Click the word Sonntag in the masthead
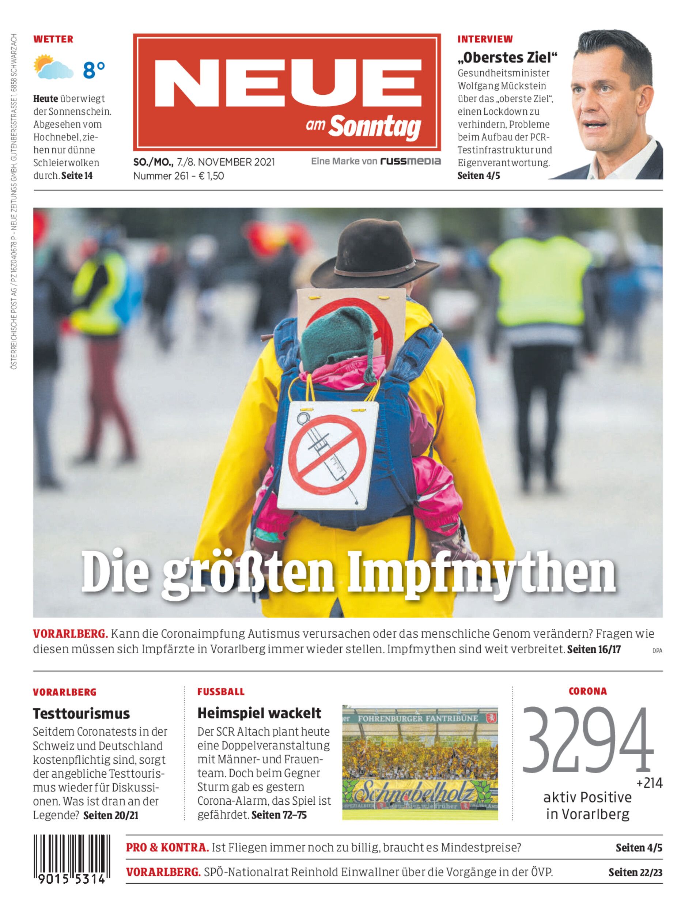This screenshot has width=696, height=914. click(375, 126)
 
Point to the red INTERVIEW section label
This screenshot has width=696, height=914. click(485, 39)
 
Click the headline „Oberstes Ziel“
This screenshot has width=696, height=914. click(507, 58)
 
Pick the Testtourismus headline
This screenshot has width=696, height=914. click(81, 713)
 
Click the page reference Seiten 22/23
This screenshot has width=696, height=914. click(635, 872)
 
